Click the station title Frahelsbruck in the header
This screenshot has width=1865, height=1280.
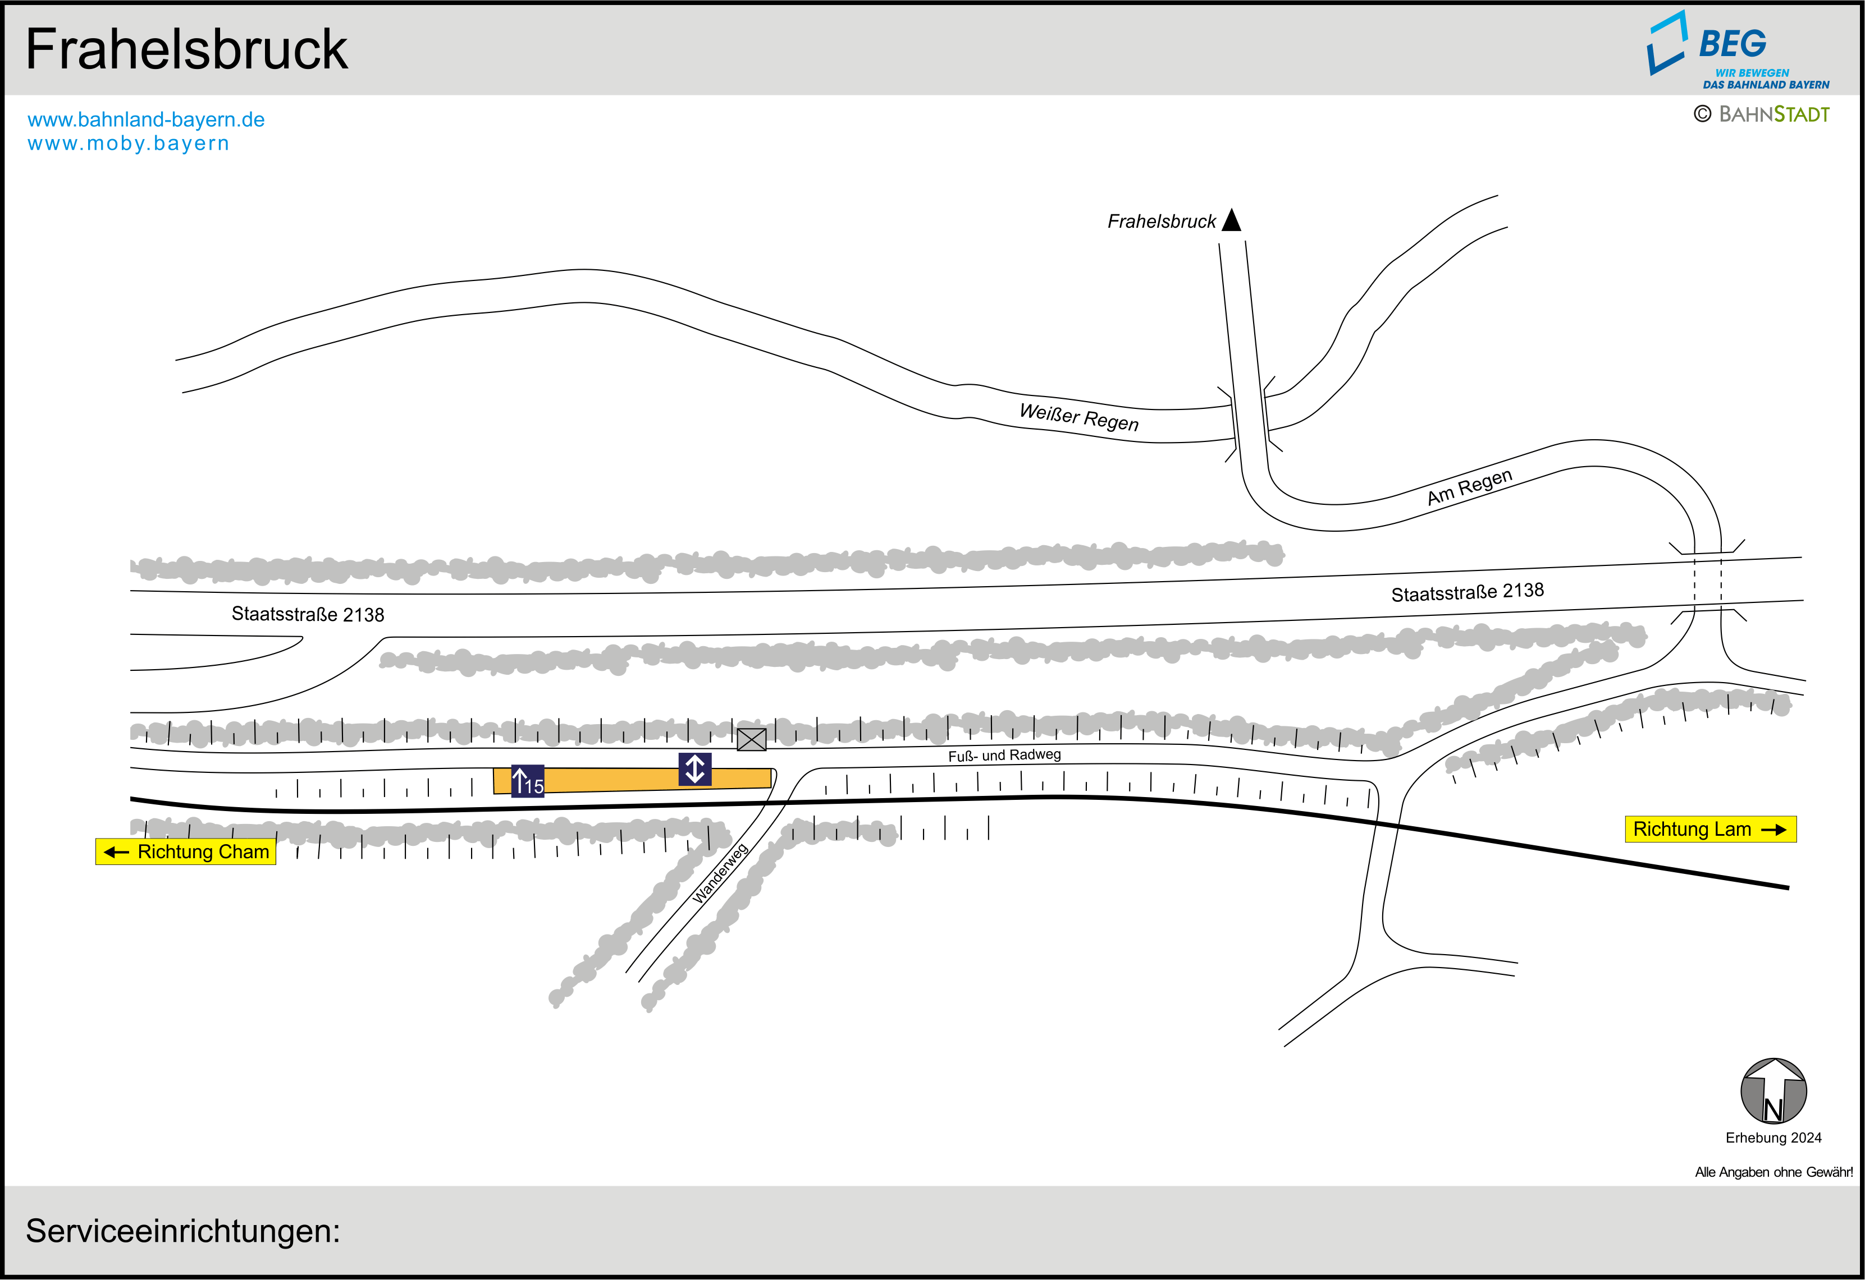[x=186, y=50]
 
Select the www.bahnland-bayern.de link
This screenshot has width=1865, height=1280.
[x=146, y=119]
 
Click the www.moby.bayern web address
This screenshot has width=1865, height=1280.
[x=129, y=144]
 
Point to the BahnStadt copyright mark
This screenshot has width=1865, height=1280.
[x=1762, y=114]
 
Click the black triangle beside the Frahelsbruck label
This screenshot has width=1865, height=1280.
[x=1231, y=220]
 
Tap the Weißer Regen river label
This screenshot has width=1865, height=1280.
[x=1078, y=417]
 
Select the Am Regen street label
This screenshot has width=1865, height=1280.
[x=1469, y=487]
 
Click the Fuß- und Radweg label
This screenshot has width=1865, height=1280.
[x=1004, y=754]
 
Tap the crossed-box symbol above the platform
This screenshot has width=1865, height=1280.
[x=751, y=739]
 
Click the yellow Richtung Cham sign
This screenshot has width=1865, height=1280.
[x=186, y=851]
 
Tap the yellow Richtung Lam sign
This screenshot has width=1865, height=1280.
[x=1710, y=829]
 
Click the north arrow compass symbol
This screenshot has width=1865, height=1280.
[x=1773, y=1091]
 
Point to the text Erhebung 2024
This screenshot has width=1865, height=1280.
[x=1773, y=1138]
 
